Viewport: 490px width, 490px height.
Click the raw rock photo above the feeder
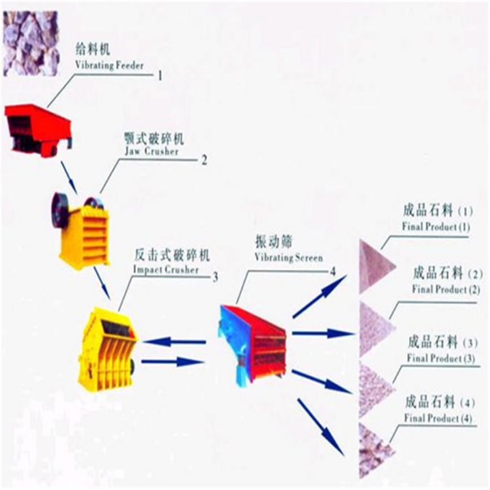tap(31, 43)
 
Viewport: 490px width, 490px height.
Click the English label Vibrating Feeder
tap(109, 65)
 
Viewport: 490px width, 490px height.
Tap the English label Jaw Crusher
tap(152, 152)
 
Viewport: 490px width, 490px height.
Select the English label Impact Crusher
tap(166, 269)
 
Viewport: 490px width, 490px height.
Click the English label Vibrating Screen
tap(288, 257)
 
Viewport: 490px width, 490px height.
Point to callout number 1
tap(160, 75)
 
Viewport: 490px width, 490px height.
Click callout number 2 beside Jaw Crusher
tap(204, 160)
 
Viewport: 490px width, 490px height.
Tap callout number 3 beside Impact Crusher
tap(216, 277)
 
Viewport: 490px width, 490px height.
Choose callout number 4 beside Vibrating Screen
tap(333, 272)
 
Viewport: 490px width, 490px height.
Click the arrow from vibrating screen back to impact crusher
tap(174, 342)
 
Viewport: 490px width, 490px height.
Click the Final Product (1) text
tap(436, 227)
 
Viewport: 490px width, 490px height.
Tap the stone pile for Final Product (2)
tap(375, 328)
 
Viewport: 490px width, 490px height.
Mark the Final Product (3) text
tap(440, 358)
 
